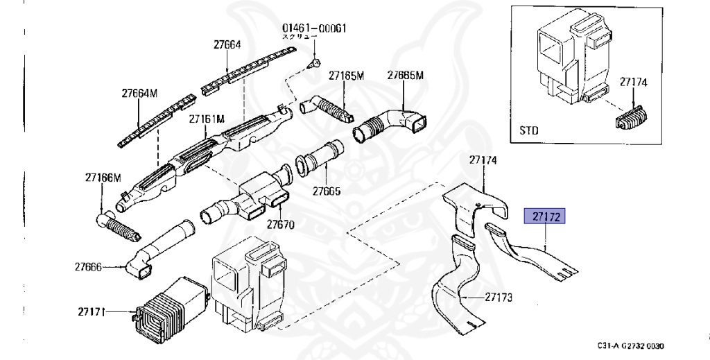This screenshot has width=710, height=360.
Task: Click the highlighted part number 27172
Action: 545,217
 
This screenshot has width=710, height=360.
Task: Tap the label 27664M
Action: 140,93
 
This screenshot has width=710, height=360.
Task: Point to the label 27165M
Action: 347,75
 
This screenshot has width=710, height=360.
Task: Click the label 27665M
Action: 405,75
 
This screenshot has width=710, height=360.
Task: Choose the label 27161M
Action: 207,119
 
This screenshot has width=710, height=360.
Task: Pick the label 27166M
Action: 103,177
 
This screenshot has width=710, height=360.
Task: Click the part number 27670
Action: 281,224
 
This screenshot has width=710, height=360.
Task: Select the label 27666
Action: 88,266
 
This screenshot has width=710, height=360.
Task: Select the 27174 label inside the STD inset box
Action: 633,82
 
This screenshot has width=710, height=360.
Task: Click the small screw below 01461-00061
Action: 313,63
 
